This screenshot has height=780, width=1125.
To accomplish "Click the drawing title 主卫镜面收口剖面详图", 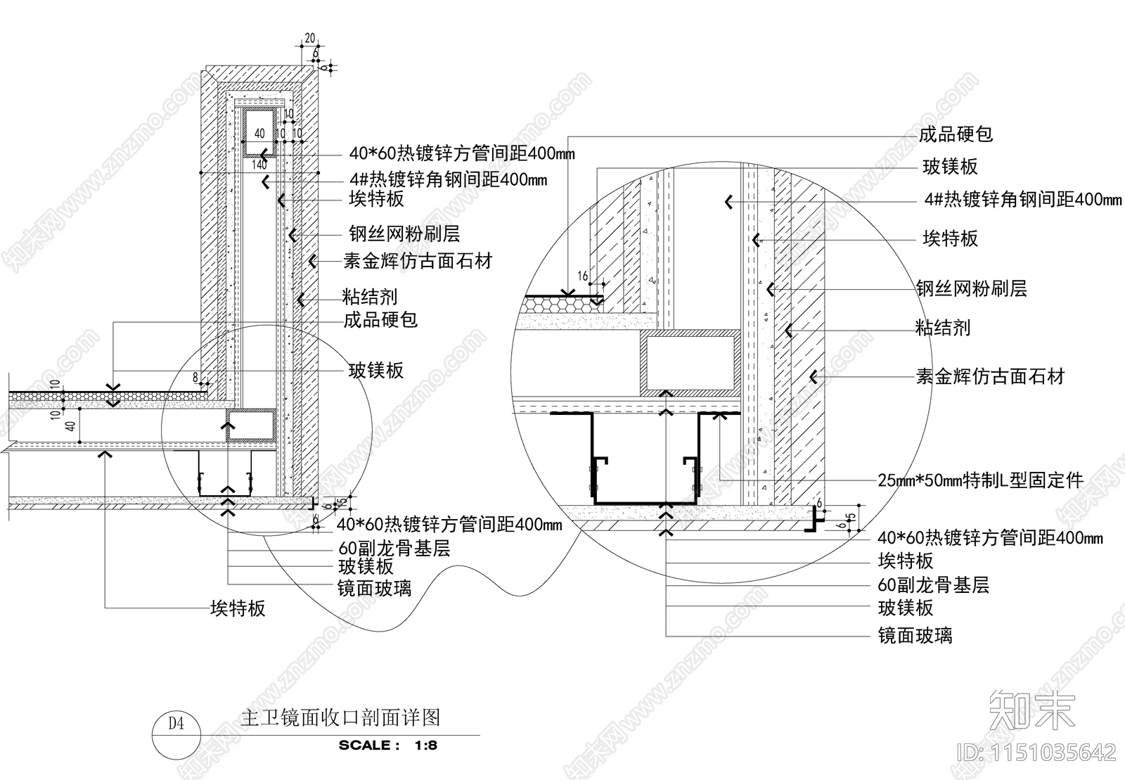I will coord(340,717).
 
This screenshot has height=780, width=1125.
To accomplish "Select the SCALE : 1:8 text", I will coord(387,745).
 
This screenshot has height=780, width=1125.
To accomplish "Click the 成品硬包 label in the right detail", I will coord(956,134).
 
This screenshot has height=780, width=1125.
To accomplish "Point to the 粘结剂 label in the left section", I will coord(370,296).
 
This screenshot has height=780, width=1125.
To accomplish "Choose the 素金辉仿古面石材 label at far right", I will coord(990,377).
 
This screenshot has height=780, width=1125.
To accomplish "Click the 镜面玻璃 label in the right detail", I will coord(915,636).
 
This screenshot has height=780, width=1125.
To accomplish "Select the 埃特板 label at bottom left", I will coord(238,608).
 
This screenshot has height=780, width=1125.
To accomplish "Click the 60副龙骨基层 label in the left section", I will coord(394,549).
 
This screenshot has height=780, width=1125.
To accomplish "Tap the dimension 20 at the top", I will coord(309,39).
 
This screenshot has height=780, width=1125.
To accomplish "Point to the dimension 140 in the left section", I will coord(259,165).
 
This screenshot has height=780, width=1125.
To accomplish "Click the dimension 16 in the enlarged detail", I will coord(583,276).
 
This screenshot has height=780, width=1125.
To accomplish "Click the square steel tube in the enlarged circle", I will coord(690,362).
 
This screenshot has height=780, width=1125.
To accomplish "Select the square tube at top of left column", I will coord(259,132).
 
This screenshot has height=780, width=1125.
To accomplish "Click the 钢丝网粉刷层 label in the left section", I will coord(404,234).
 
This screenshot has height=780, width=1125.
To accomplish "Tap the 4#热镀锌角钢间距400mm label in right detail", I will coord(1022,200).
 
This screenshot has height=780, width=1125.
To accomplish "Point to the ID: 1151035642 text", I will coord(1037,753).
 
